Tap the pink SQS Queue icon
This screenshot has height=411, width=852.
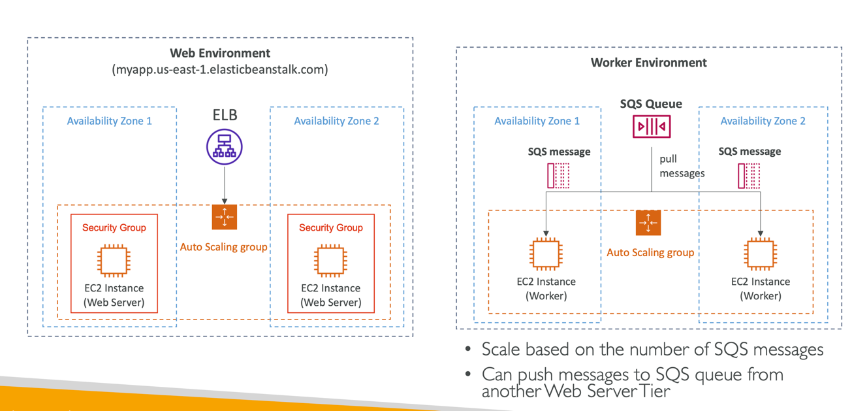click(x=651, y=126)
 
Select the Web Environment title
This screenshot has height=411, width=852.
click(x=220, y=53)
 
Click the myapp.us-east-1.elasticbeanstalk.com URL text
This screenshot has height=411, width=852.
click(x=220, y=69)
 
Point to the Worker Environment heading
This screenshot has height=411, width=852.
click(x=648, y=63)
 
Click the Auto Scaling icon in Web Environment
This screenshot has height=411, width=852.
click(x=224, y=218)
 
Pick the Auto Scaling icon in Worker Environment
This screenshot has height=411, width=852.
click(x=648, y=223)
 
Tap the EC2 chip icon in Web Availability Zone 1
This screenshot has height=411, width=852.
click(x=114, y=260)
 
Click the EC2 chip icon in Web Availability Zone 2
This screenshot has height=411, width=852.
click(x=330, y=260)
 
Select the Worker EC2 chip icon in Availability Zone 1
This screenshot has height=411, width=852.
click(x=546, y=254)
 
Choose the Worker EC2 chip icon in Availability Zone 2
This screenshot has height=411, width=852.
click(x=761, y=254)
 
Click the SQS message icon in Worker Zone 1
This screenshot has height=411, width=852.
click(x=558, y=176)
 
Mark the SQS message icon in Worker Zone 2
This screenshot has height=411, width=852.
click(x=749, y=176)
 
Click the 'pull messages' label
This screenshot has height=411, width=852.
click(x=682, y=166)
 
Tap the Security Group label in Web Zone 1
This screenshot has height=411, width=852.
click(x=114, y=227)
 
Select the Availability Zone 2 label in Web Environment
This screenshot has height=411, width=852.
click(x=336, y=121)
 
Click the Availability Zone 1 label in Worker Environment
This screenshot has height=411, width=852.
click(x=537, y=121)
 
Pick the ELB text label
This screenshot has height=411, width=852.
click(x=224, y=115)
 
